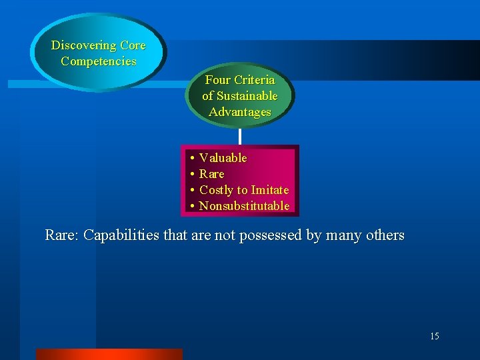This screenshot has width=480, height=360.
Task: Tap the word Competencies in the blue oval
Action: (x=99, y=61)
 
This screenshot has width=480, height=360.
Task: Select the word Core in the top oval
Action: (x=133, y=45)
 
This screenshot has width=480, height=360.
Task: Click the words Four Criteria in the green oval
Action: (x=240, y=79)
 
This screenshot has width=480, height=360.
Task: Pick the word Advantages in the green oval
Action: (x=240, y=112)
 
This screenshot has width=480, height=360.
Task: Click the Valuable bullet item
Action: (x=223, y=158)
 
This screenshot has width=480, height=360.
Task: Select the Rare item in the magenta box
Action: (x=212, y=174)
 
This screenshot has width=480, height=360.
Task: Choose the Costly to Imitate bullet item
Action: (x=244, y=190)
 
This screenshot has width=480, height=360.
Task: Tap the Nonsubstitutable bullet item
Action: (x=244, y=206)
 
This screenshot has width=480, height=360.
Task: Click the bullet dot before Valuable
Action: (x=191, y=159)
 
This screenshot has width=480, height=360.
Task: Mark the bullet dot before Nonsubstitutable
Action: (x=191, y=207)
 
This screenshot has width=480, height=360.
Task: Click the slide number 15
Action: (x=435, y=336)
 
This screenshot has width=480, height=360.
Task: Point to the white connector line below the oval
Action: (x=240, y=136)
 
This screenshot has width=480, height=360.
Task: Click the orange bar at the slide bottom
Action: (x=109, y=354)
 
